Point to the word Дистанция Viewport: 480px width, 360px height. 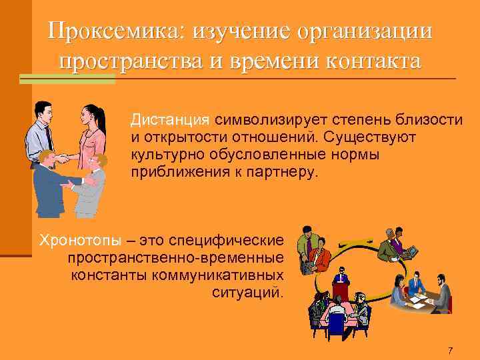pos(169,121)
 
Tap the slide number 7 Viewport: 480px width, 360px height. pos(451,351)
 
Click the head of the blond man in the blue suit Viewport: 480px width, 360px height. pos(46,159)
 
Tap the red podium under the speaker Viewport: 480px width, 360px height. pos(341,291)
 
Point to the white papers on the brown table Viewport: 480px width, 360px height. pos(417,300)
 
